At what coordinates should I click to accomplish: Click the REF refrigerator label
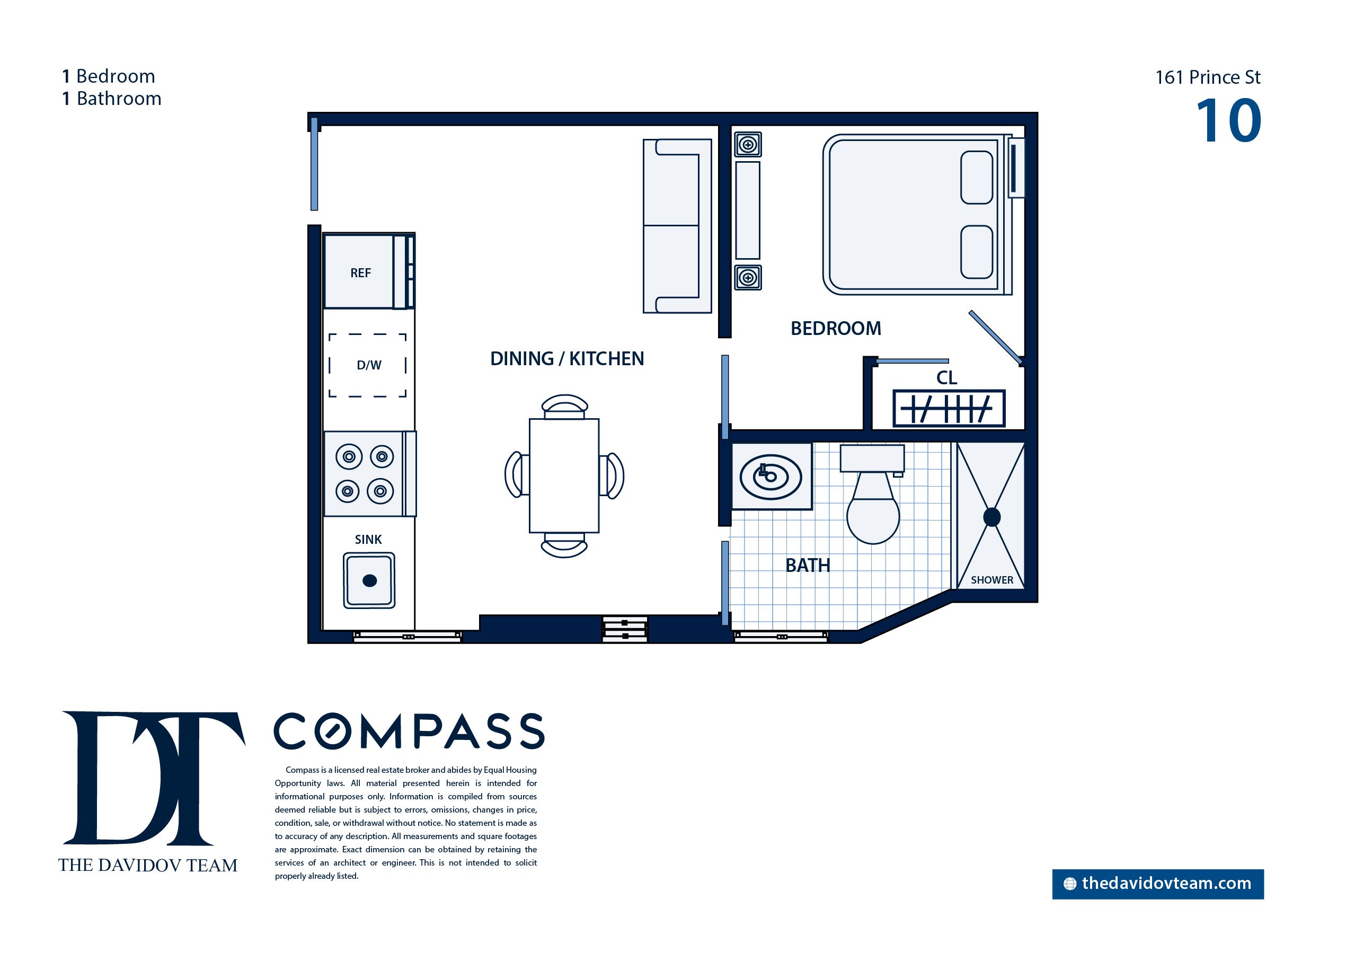pos(360,273)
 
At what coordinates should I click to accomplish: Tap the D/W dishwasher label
pos(369,365)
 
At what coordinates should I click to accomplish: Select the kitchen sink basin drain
pos(369,580)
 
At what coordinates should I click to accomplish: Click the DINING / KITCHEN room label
pos(567,359)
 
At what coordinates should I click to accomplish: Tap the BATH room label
pos(808,565)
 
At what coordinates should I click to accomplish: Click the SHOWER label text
pos(991,580)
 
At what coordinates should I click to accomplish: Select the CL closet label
pos(946,377)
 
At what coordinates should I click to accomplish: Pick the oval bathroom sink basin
pos(771,477)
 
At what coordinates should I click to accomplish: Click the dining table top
pos(564,476)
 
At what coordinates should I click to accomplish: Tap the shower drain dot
pos(991,517)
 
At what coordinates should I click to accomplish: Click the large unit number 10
pos(1229,121)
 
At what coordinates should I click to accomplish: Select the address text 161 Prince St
pos(1208,77)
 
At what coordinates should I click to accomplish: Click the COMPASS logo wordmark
pos(409,731)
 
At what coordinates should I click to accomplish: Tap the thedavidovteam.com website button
pos(1157,884)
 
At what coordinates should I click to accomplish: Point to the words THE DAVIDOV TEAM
pos(148,865)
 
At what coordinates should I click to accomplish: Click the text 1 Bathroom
pos(112,98)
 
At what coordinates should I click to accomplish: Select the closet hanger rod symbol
pos(949,408)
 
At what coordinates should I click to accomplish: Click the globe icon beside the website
pos(1070,884)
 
